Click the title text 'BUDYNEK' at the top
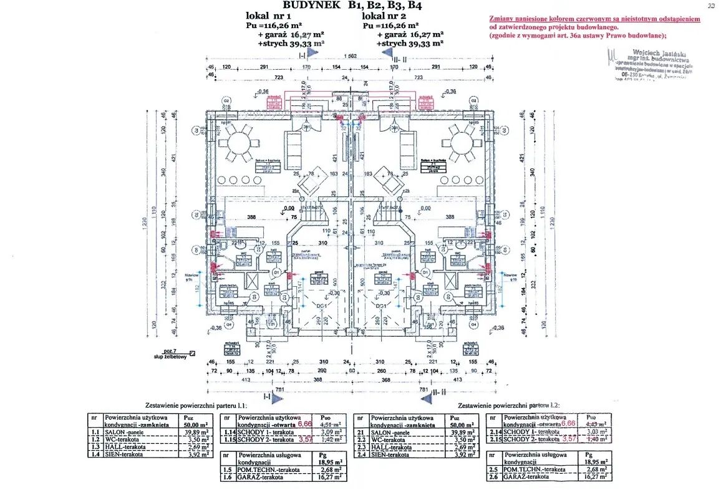click(x=311, y=6)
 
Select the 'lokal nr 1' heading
click(x=273, y=17)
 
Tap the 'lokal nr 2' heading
click(x=386, y=17)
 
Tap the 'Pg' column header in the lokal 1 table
click(x=322, y=455)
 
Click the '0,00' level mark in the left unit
click(x=288, y=209)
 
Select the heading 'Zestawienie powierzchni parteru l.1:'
click(x=196, y=405)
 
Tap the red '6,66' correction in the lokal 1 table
click(x=304, y=423)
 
